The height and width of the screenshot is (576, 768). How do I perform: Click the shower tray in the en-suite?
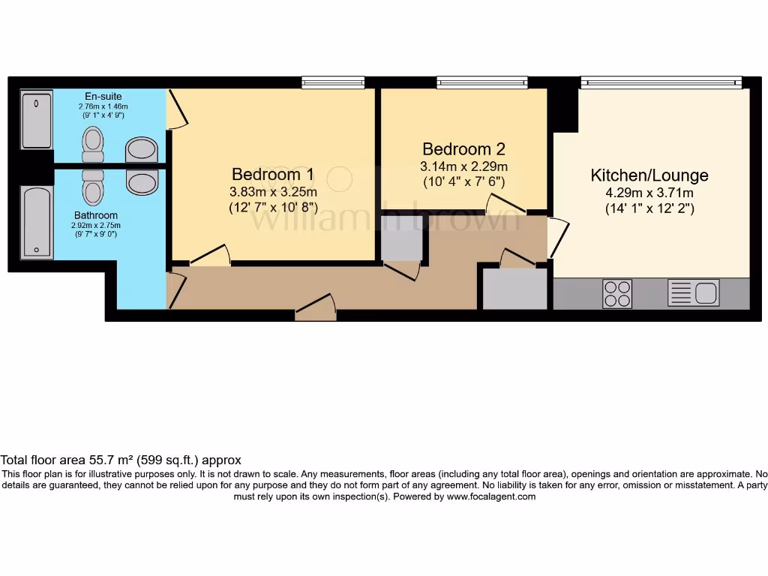pyautogui.click(x=37, y=120)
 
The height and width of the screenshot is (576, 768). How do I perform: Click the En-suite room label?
pyautogui.click(x=103, y=97)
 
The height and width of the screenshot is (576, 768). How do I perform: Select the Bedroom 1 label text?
pyautogui.click(x=273, y=174)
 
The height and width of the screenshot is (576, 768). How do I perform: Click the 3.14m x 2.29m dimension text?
pyautogui.click(x=465, y=166)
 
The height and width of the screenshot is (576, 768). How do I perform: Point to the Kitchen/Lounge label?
pyautogui.click(x=649, y=175)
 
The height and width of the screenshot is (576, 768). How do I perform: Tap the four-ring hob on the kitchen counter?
pyautogui.click(x=617, y=293)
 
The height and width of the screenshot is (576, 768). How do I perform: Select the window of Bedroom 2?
pyautogui.click(x=482, y=82)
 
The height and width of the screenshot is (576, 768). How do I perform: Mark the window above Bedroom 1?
pyautogui.click(x=333, y=82)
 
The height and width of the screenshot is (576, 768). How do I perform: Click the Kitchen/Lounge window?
pyautogui.click(x=661, y=82)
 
